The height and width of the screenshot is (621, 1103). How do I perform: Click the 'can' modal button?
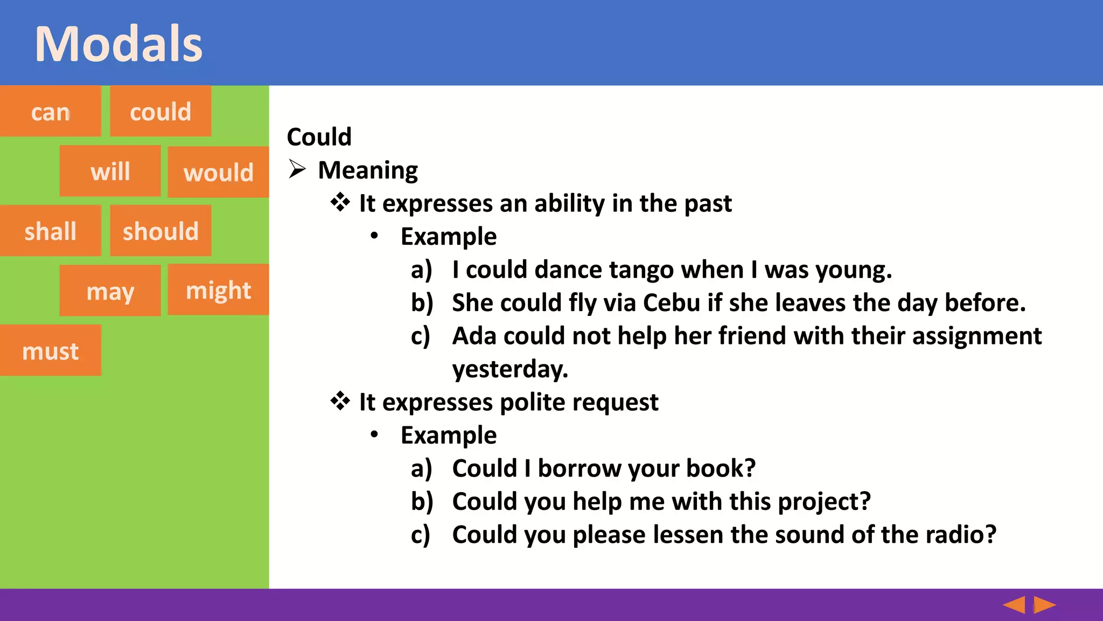tap(50, 112)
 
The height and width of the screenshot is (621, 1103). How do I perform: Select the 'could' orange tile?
tap(160, 112)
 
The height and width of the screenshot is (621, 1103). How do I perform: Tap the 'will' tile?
tap(110, 171)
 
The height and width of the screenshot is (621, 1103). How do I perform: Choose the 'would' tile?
tap(218, 172)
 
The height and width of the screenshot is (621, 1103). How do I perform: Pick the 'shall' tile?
tap(50, 231)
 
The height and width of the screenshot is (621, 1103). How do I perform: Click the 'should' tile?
tap(160, 231)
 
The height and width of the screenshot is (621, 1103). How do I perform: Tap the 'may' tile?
tap(110, 291)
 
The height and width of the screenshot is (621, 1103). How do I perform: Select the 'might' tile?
tap(218, 290)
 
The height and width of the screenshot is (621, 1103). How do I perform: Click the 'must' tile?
tap(50, 351)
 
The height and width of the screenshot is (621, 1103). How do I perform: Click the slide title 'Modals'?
tap(118, 44)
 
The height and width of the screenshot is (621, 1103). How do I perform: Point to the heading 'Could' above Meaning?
tap(319, 137)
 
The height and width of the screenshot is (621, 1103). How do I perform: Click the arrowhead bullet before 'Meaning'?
tap(297, 169)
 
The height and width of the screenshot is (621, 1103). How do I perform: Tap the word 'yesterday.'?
tap(510, 370)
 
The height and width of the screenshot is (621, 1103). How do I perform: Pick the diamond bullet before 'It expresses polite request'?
tap(340, 402)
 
